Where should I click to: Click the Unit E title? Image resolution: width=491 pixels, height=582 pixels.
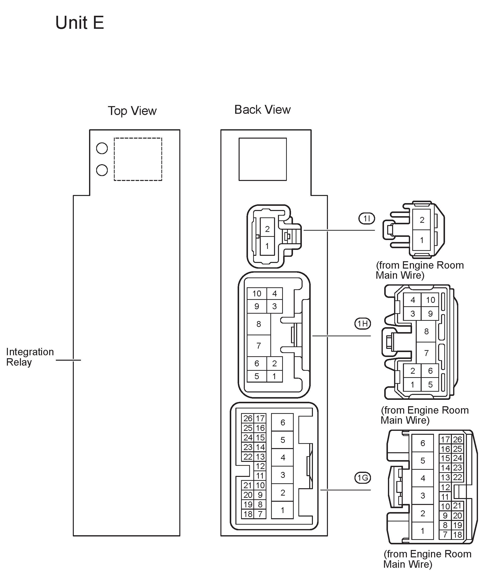click(x=80, y=23)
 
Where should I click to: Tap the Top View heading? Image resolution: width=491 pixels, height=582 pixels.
click(x=132, y=111)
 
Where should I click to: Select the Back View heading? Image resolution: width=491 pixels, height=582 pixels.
click(x=262, y=110)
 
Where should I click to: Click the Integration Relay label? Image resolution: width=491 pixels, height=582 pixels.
click(x=30, y=357)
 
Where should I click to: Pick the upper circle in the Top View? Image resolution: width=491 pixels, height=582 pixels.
click(x=102, y=148)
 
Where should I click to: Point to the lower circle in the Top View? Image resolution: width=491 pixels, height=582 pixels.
click(x=102, y=170)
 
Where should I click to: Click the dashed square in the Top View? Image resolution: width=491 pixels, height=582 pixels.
click(x=138, y=159)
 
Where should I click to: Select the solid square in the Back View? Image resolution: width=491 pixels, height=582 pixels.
click(x=262, y=159)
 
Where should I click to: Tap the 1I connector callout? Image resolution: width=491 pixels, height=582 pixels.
click(x=367, y=219)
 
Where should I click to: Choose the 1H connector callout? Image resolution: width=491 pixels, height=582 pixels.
click(x=363, y=323)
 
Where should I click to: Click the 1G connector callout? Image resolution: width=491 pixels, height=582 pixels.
click(x=363, y=478)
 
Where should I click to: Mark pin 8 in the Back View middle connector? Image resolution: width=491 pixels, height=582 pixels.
click(x=259, y=324)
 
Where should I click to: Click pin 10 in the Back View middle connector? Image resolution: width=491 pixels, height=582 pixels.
click(x=257, y=294)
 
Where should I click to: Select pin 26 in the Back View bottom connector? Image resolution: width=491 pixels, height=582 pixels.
click(x=248, y=418)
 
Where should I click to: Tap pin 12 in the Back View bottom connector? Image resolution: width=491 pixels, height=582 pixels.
click(x=260, y=466)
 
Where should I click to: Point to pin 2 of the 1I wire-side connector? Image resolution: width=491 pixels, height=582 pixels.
click(x=422, y=220)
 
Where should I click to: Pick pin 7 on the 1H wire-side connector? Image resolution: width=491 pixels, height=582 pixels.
click(x=426, y=353)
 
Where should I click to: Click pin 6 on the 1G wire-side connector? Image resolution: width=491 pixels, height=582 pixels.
click(x=423, y=443)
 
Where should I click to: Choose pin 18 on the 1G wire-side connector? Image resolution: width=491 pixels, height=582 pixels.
click(x=458, y=535)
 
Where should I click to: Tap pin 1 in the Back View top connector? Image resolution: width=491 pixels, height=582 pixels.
click(x=267, y=246)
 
